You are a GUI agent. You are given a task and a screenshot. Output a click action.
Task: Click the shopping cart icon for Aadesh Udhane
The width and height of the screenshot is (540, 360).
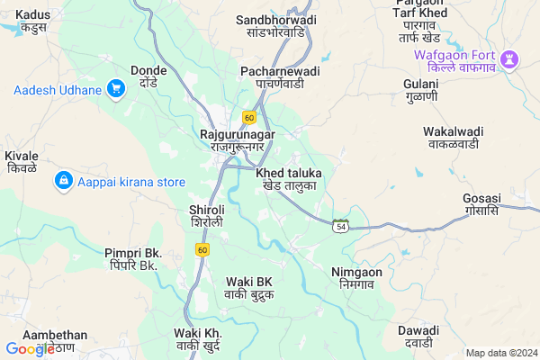click(115, 88)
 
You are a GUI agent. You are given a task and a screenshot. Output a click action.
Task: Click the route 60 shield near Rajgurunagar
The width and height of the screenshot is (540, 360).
click(249, 117)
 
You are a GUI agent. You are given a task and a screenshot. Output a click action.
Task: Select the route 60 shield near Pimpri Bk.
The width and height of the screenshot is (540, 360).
click(202, 248)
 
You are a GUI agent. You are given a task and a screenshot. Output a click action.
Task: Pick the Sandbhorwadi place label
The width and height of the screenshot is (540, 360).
click(277, 25)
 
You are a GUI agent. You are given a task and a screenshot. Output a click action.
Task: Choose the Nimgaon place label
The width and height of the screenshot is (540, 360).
click(356, 278)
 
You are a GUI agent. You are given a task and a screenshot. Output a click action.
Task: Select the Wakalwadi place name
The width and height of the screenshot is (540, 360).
click(454, 137)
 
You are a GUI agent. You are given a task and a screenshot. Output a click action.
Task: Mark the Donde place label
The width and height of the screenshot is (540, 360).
click(148, 76)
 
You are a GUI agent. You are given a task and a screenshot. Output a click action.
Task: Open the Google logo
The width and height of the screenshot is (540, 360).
click(30, 349)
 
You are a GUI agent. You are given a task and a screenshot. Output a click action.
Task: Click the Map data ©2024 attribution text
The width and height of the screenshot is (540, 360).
click(500, 353)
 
